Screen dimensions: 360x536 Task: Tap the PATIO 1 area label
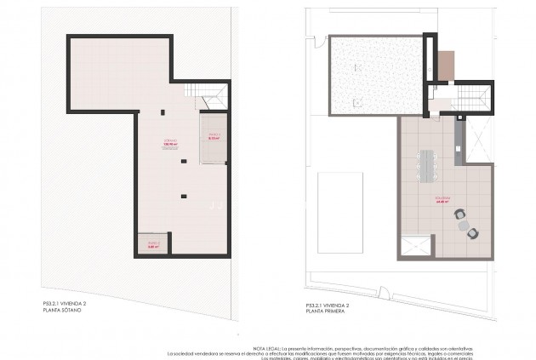214,136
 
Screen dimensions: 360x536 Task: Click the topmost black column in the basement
163,110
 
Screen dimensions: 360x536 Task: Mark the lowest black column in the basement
182,197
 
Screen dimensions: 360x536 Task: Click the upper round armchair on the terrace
459,215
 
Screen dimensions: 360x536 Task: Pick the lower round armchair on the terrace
473,231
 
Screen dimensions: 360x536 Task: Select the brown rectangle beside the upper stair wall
446,65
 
